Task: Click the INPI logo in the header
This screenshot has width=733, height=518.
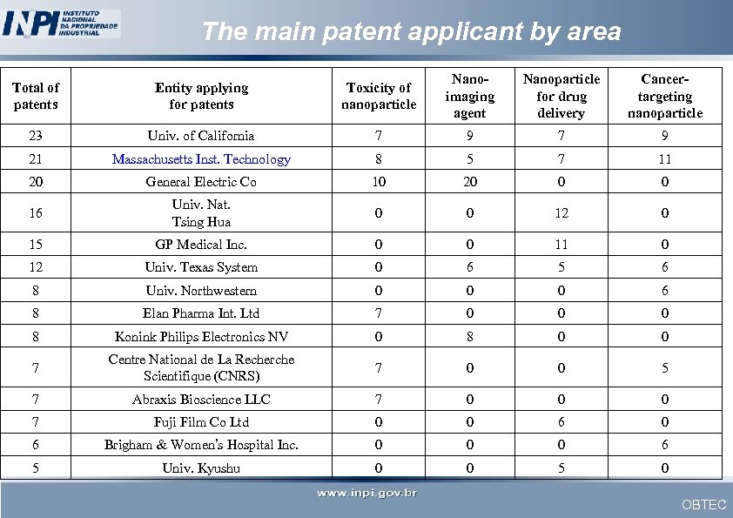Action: point(61,23)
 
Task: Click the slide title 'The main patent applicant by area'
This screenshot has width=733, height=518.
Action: point(411,32)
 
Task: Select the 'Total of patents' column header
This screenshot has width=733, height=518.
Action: point(36,96)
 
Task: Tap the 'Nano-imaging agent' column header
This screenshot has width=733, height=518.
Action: point(469,96)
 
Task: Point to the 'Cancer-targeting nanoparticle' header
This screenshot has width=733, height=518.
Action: point(664,96)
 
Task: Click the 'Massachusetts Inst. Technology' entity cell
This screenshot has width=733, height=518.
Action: point(201,159)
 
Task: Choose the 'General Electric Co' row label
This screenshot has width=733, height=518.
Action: point(201,182)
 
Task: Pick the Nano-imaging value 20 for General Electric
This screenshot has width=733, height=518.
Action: point(469,182)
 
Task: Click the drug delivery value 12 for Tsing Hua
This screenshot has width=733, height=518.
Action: point(561,213)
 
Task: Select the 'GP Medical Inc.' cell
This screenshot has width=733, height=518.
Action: point(201,245)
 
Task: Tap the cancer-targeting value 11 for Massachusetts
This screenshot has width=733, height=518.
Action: point(664,159)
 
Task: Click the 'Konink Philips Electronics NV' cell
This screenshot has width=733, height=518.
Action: point(201,337)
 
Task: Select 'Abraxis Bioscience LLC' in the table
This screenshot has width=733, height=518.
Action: point(201,400)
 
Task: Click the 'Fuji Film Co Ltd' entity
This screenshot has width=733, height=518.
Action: point(201,422)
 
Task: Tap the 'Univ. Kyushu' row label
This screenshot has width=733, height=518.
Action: point(201,468)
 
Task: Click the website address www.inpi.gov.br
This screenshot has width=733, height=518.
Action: point(366,494)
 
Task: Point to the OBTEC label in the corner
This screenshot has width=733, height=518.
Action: point(703,505)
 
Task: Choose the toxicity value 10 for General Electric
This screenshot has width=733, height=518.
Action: point(378,182)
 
